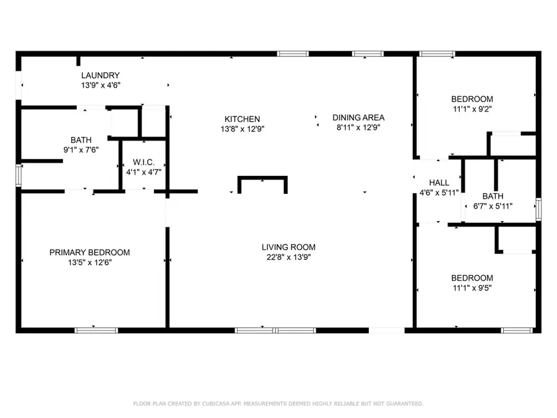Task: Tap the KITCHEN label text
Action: point(242,119)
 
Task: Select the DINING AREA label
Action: point(358,117)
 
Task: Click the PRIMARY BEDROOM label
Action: point(90,252)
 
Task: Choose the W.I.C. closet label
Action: point(144,162)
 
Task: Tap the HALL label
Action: point(439,183)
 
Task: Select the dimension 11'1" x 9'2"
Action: point(472,109)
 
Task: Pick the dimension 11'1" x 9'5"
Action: point(472,287)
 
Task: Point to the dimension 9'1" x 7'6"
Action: point(81,149)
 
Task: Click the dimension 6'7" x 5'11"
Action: point(493,206)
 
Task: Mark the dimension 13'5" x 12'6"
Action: point(90,262)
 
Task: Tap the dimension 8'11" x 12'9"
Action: point(358,127)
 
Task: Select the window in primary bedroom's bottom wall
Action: point(96,330)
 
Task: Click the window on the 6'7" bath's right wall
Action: point(538,208)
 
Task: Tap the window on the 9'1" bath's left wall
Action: point(19,175)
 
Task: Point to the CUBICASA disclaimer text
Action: point(278,404)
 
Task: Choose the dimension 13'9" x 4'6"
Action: point(100,85)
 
